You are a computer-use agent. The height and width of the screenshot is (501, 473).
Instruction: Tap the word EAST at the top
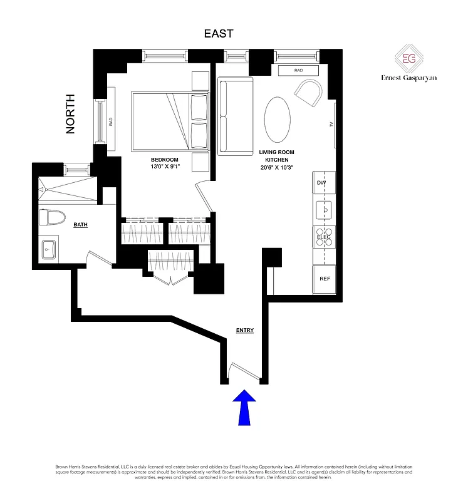(219, 34)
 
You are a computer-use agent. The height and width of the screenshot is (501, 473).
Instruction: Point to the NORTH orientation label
(70, 113)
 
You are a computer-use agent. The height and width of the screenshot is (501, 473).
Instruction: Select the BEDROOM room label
(164, 160)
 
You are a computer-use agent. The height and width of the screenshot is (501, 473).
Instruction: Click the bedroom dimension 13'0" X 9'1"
(164, 167)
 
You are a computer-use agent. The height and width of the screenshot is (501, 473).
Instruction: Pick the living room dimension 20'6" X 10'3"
(276, 167)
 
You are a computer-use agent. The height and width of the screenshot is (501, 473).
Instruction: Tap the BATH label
(80, 224)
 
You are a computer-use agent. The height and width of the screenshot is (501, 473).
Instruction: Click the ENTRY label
(244, 330)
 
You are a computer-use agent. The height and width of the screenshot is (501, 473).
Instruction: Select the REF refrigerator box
(325, 279)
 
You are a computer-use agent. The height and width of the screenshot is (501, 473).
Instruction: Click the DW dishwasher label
(322, 183)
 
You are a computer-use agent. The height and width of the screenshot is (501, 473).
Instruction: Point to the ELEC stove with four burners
(324, 237)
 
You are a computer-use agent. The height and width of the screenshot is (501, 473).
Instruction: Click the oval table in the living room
(277, 120)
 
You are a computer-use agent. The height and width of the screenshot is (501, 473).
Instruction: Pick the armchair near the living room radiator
(308, 93)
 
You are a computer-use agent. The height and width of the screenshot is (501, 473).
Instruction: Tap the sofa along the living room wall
(235, 116)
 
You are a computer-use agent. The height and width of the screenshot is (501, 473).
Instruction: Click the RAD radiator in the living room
(298, 71)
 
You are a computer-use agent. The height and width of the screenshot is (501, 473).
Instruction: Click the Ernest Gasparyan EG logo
(409, 61)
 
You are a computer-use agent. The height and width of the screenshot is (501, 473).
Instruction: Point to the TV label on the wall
(331, 125)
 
